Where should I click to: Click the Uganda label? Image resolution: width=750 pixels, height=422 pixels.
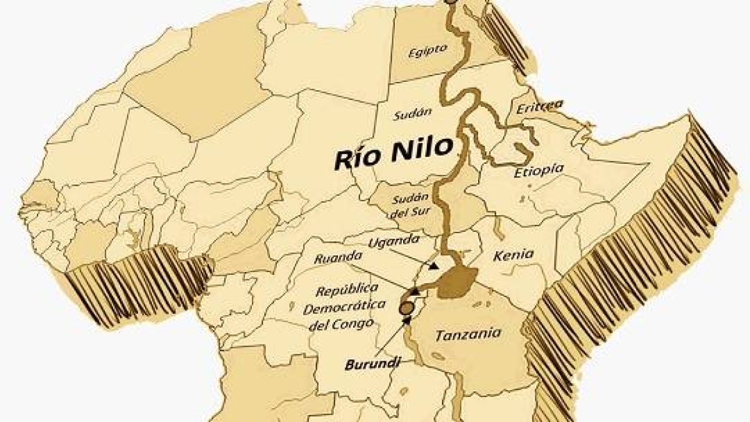tap(386, 241)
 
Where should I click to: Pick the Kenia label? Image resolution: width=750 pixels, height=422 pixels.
tap(513, 254)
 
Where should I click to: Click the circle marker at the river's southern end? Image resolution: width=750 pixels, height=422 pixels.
tap(406, 308)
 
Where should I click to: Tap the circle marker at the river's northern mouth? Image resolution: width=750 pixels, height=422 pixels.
tap(451, 1)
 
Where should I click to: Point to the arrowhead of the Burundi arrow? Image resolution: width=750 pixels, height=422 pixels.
tap(408, 320)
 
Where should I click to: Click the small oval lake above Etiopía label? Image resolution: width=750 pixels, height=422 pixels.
tap(521, 149)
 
